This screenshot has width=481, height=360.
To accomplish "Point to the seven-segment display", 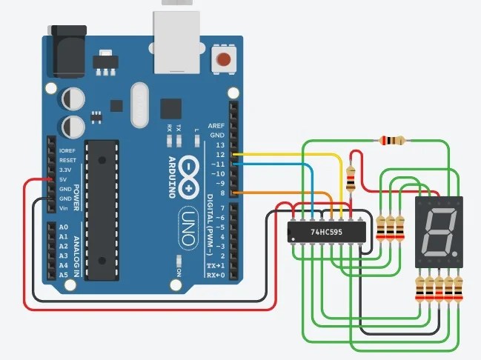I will click(x=439, y=231).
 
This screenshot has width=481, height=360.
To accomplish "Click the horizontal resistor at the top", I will click(x=392, y=140).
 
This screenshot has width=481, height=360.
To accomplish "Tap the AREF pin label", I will click(x=216, y=127).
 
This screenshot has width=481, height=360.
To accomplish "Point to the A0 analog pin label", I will click(x=64, y=227).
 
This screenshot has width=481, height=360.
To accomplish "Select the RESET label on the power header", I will click(x=67, y=160).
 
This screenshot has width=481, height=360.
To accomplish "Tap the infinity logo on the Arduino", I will click(x=190, y=176).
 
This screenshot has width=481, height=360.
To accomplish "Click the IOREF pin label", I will click(x=67, y=150).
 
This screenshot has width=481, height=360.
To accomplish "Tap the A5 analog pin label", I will click(x=64, y=275).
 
